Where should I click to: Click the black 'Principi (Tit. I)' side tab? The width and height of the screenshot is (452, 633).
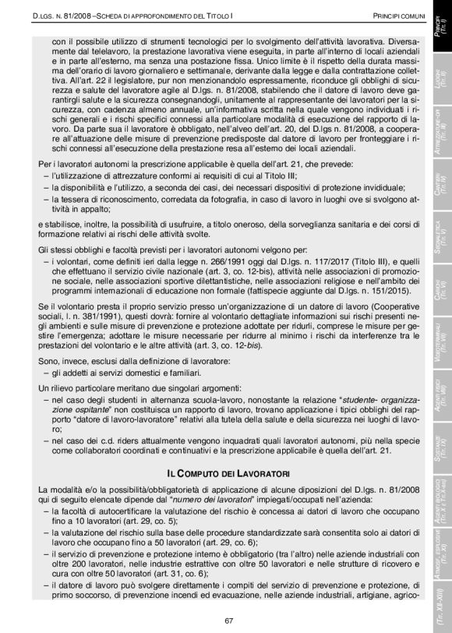coord(441,35)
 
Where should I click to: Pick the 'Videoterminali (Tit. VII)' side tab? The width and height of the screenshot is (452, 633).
coord(441,343)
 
